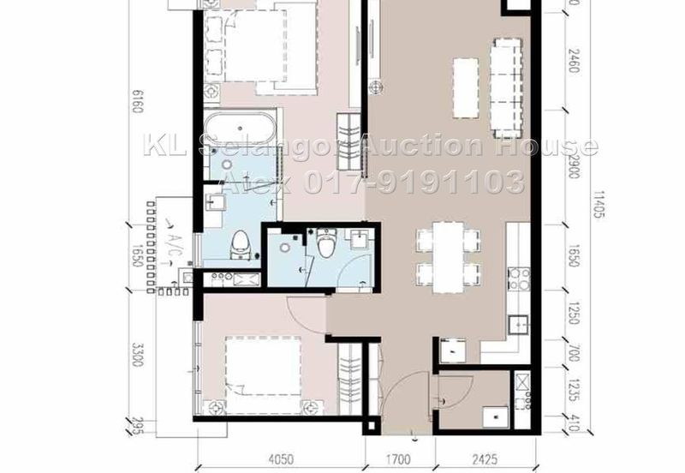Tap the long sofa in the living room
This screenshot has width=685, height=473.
pos(506,87)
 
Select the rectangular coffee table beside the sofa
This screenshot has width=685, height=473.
pos(465,87)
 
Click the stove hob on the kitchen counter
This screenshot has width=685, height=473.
pos(518,277)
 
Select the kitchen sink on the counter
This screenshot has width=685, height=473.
pos(517,323)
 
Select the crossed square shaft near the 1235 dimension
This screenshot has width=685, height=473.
pos(521,381)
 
